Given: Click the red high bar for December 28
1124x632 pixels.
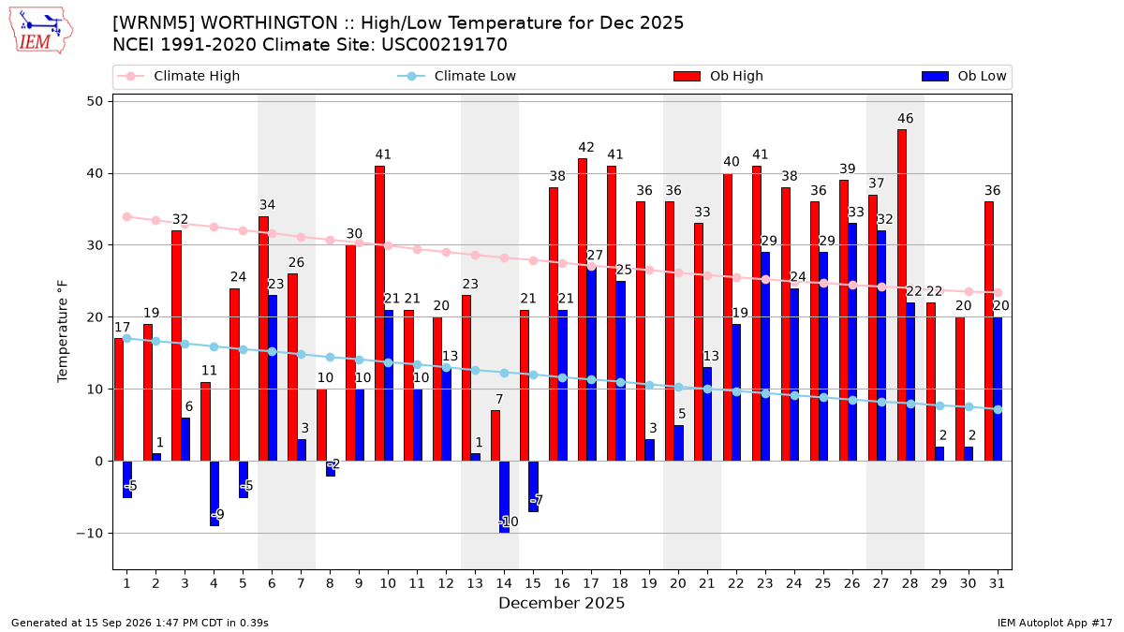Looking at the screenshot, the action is pyautogui.click(x=902, y=296).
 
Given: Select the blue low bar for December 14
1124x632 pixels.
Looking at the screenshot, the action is pyautogui.click(x=504, y=497).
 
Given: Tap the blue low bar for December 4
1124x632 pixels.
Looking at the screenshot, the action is pyautogui.click(x=214, y=493).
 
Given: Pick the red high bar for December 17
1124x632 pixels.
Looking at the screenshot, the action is pyautogui.click(x=583, y=310).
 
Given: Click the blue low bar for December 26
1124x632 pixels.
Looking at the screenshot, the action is pyautogui.click(x=852, y=342).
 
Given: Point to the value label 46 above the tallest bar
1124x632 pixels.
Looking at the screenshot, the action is pyautogui.click(x=905, y=118).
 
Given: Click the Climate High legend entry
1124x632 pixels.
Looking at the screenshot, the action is pyautogui.click(x=178, y=76).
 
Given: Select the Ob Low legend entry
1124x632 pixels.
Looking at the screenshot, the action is pyautogui.click(x=964, y=76).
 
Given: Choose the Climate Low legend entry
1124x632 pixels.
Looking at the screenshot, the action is pyautogui.click(x=457, y=76).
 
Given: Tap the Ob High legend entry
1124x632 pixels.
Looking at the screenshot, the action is pyautogui.click(x=718, y=76).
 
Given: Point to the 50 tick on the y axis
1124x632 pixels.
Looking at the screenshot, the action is pyautogui.click(x=95, y=101).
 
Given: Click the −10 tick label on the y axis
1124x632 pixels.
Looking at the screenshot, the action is pyautogui.click(x=89, y=533).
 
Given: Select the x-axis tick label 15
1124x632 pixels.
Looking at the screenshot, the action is pyautogui.click(x=533, y=583).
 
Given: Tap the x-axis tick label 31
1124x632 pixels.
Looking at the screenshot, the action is pyautogui.click(x=997, y=583).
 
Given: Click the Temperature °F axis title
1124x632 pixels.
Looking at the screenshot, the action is pyautogui.click(x=62, y=331).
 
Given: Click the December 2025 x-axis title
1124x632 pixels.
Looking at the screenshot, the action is pyautogui.click(x=561, y=603).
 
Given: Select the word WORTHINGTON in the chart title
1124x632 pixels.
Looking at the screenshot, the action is pyautogui.click(x=269, y=23).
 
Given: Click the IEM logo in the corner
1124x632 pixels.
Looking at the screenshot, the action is pyautogui.click(x=40, y=31).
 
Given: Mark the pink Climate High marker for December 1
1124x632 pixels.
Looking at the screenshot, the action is pyautogui.click(x=127, y=216).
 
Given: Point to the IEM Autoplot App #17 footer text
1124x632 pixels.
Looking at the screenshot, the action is pyautogui.click(x=1055, y=623).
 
